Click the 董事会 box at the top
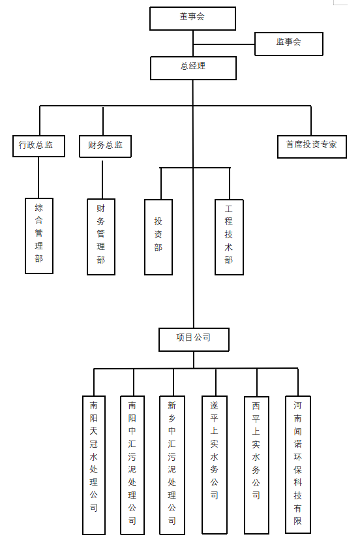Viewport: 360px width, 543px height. pos(192,18)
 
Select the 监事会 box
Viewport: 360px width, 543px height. pos(289,44)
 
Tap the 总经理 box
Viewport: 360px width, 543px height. pos(193,69)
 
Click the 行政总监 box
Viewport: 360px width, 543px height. pos(38,146)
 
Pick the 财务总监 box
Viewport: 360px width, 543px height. pos(105,146)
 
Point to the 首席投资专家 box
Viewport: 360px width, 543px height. pos(312,147)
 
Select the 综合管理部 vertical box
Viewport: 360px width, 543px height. pos(39,236)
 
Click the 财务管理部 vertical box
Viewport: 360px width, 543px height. pos(101,237)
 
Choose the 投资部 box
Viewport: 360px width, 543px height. pos(158,237)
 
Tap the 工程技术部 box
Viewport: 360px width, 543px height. pos(229,237)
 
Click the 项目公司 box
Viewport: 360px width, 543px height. pos(194,340)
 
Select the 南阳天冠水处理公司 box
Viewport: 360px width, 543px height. pos(94,465)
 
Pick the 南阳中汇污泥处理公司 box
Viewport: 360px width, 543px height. pos(132,465)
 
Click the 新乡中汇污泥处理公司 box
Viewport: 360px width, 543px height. pos(172,465)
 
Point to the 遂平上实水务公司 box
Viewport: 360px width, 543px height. pos(215,465)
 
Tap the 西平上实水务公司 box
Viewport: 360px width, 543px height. pos(256,465)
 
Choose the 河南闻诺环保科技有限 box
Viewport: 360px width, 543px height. pos(298,465)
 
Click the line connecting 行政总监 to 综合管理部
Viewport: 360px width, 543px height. pos(38,178)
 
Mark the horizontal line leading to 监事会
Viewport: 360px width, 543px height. pos(224,44)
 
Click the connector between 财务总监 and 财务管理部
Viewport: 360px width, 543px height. pos(102,179)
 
